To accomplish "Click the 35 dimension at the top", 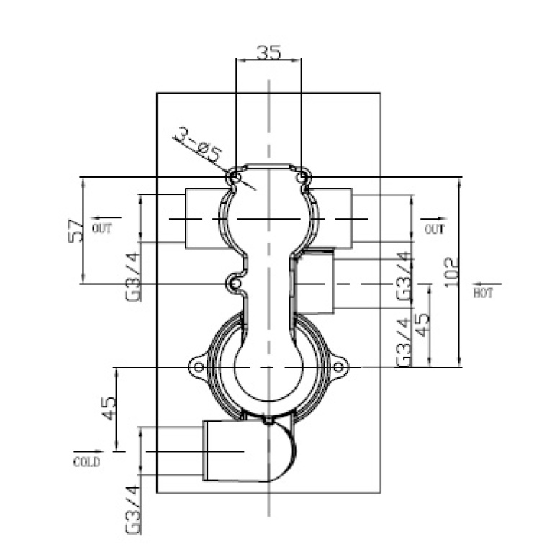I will coord(268,53).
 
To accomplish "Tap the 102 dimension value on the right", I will coord(451,272).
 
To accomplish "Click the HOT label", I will coord(484,294).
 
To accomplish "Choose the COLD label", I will coord(86,462).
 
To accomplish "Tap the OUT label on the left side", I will coord(102,230).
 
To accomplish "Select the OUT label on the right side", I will coord(434,230).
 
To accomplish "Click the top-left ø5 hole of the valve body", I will coord(233,176).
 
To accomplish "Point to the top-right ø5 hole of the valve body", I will coord(303,176).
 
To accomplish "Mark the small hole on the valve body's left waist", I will coord(234,284).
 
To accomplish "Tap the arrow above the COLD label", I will coord(85,451).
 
